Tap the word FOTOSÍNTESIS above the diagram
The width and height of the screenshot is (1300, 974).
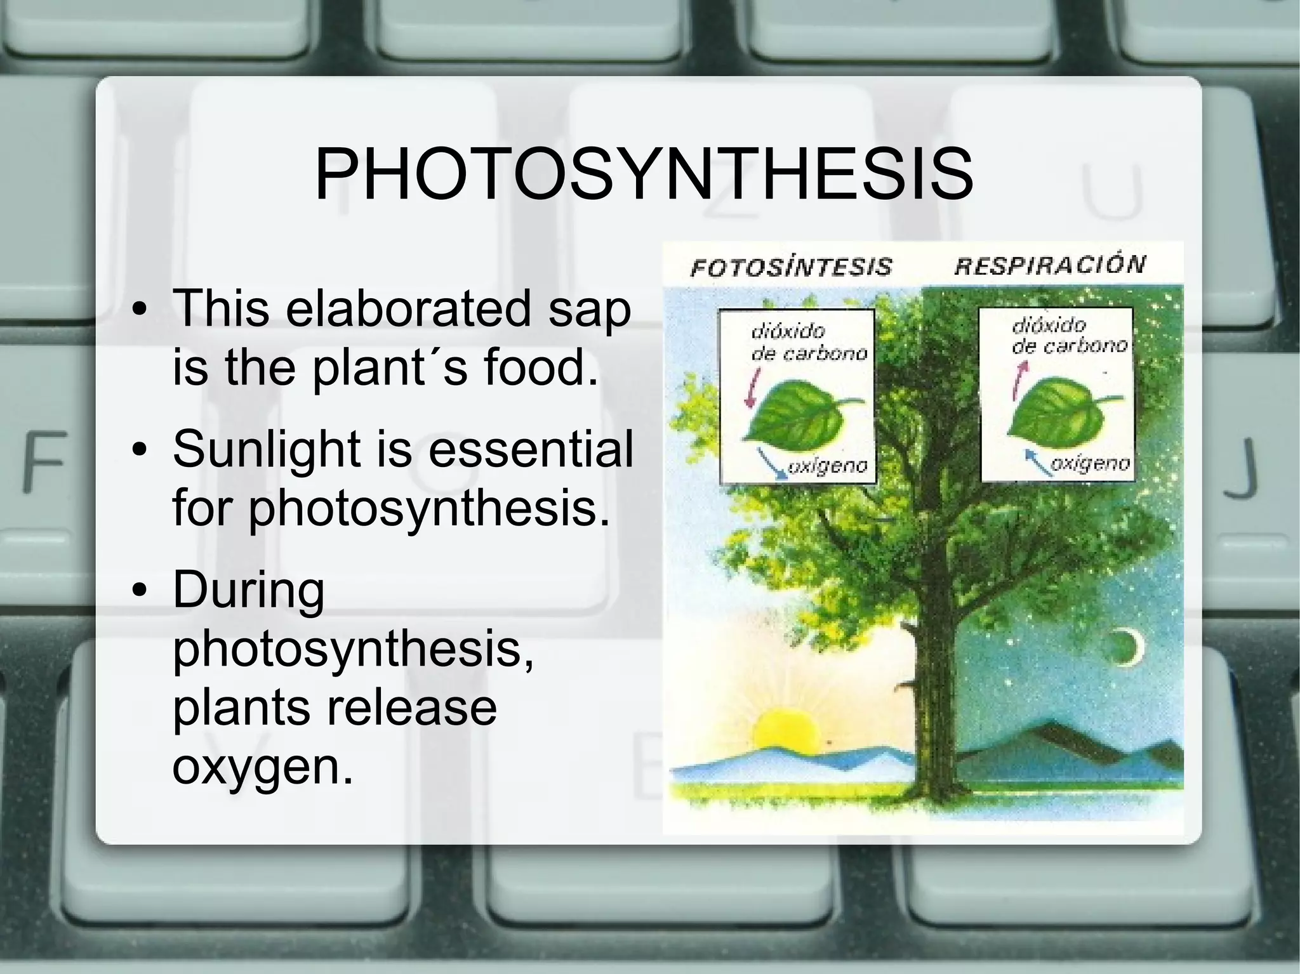pos(791,267)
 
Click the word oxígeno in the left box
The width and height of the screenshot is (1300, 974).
pos(827,468)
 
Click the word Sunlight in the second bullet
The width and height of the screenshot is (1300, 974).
pos(267,449)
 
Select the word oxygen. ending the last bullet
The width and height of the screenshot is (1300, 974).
pos(262,767)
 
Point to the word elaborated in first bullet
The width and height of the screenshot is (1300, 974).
pos(408,308)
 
